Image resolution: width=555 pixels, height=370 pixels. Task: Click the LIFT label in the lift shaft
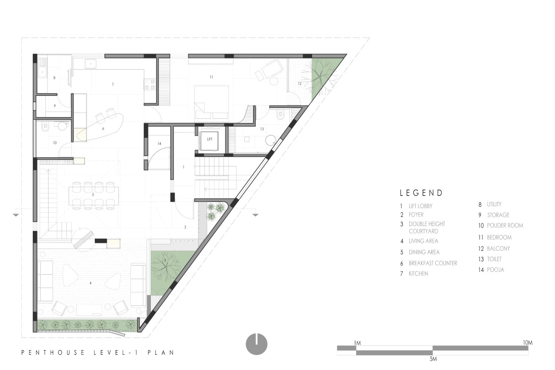[x=210, y=139]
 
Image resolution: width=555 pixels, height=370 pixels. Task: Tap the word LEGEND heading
[x=421, y=193]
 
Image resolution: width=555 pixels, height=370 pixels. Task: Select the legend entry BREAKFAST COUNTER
[x=433, y=263]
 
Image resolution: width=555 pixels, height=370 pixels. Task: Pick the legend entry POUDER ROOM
[x=505, y=226]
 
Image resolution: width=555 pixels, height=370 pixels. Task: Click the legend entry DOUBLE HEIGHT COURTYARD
[x=426, y=228]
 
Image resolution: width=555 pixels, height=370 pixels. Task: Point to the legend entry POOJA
[x=495, y=270]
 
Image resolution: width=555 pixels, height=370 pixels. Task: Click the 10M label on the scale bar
[x=528, y=343]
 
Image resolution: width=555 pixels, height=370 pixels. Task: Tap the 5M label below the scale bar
[x=433, y=359]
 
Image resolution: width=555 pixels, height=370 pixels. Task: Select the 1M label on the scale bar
[x=357, y=343]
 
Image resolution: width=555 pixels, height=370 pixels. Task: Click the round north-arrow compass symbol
[x=256, y=344]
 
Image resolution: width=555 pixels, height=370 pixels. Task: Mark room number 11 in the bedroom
[x=211, y=77]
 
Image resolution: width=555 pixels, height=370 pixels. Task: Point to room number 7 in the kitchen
[x=113, y=84]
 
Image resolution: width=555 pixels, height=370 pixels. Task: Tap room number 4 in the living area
[x=91, y=283]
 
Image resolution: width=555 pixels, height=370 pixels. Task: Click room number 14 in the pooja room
[x=159, y=143]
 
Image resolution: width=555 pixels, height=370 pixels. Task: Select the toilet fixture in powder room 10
[x=45, y=127]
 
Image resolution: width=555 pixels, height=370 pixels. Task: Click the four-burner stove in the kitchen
[x=149, y=84]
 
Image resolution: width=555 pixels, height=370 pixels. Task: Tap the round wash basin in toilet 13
[x=271, y=140]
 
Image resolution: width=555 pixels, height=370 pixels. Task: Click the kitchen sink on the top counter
[x=91, y=64]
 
